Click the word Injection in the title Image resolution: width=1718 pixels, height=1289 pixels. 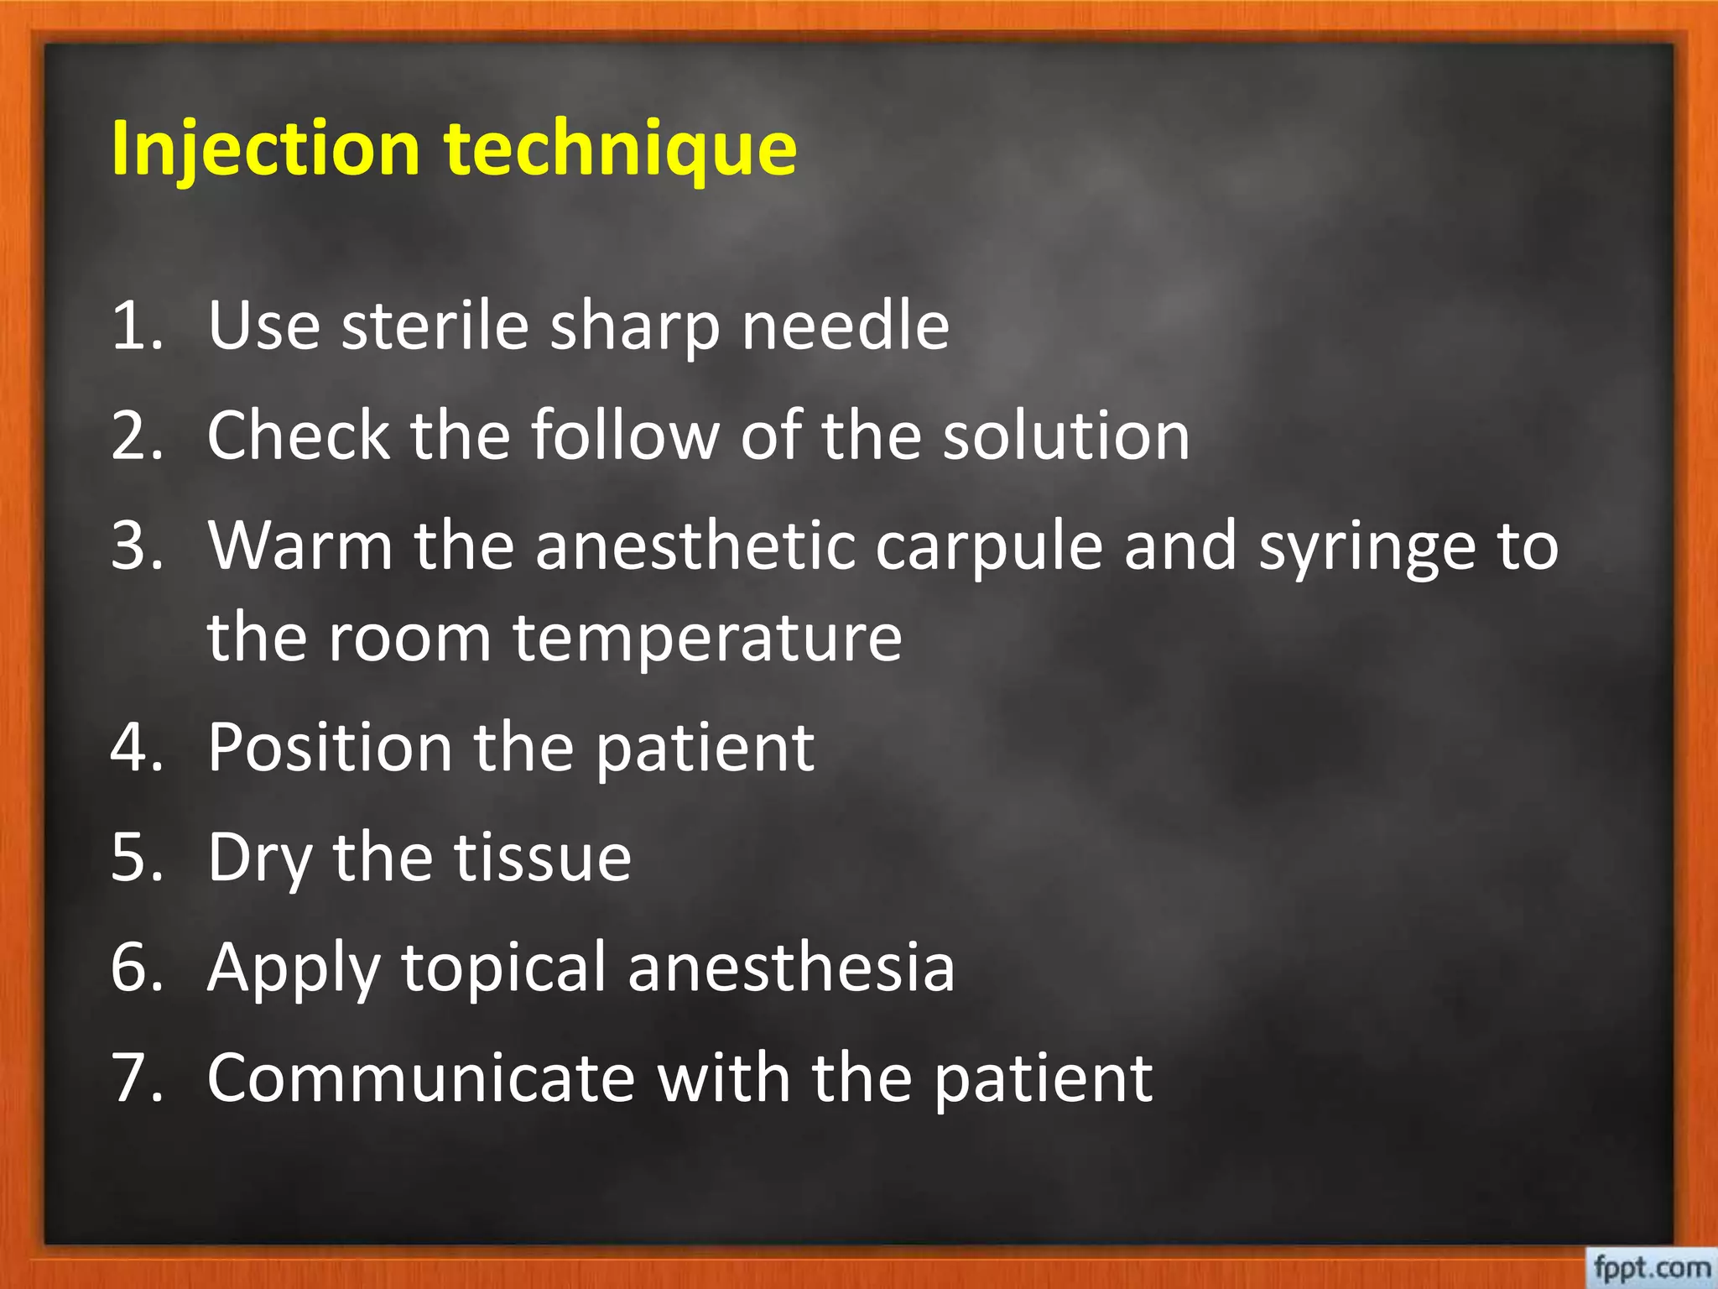(264, 149)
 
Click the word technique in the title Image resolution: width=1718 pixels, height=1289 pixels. (620, 149)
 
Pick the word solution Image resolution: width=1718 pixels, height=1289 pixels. (1066, 436)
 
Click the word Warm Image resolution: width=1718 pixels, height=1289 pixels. (300, 545)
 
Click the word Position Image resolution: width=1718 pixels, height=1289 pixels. (330, 747)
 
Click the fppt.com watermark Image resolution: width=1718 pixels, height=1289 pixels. (1651, 1266)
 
